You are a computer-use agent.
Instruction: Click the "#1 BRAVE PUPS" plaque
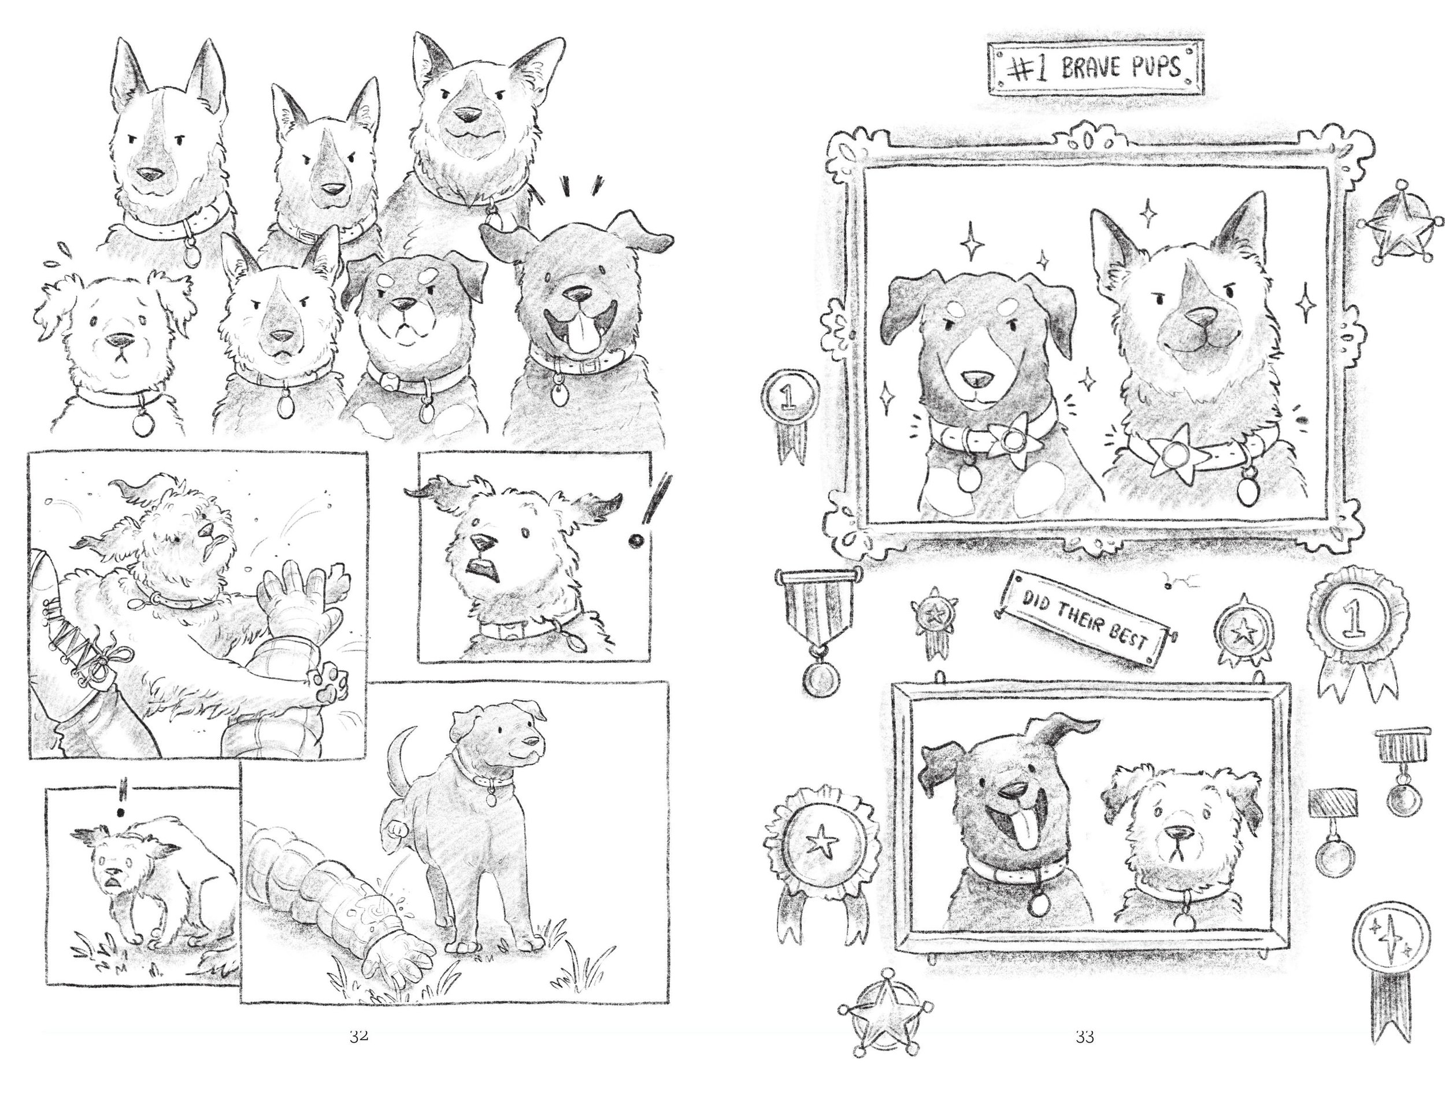(1095, 68)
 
